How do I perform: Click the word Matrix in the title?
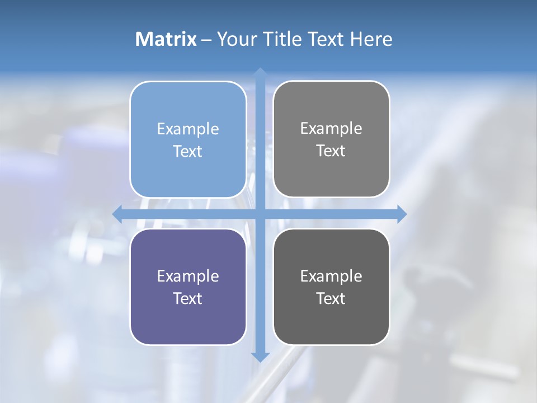click(x=166, y=39)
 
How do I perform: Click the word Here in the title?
click(x=371, y=39)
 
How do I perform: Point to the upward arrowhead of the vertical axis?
click(x=260, y=73)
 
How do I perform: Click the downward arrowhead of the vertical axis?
click(x=260, y=357)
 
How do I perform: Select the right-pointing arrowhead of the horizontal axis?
click(x=402, y=214)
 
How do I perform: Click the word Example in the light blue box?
click(x=188, y=129)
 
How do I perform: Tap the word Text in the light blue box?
click(x=188, y=151)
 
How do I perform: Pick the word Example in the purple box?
click(x=188, y=276)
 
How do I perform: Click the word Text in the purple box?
click(x=188, y=298)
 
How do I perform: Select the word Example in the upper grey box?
click(x=331, y=128)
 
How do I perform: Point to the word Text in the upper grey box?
click(x=331, y=151)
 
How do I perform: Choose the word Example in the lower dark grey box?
click(x=331, y=276)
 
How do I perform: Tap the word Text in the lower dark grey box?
click(x=331, y=298)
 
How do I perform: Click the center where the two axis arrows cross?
click(x=260, y=214)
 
